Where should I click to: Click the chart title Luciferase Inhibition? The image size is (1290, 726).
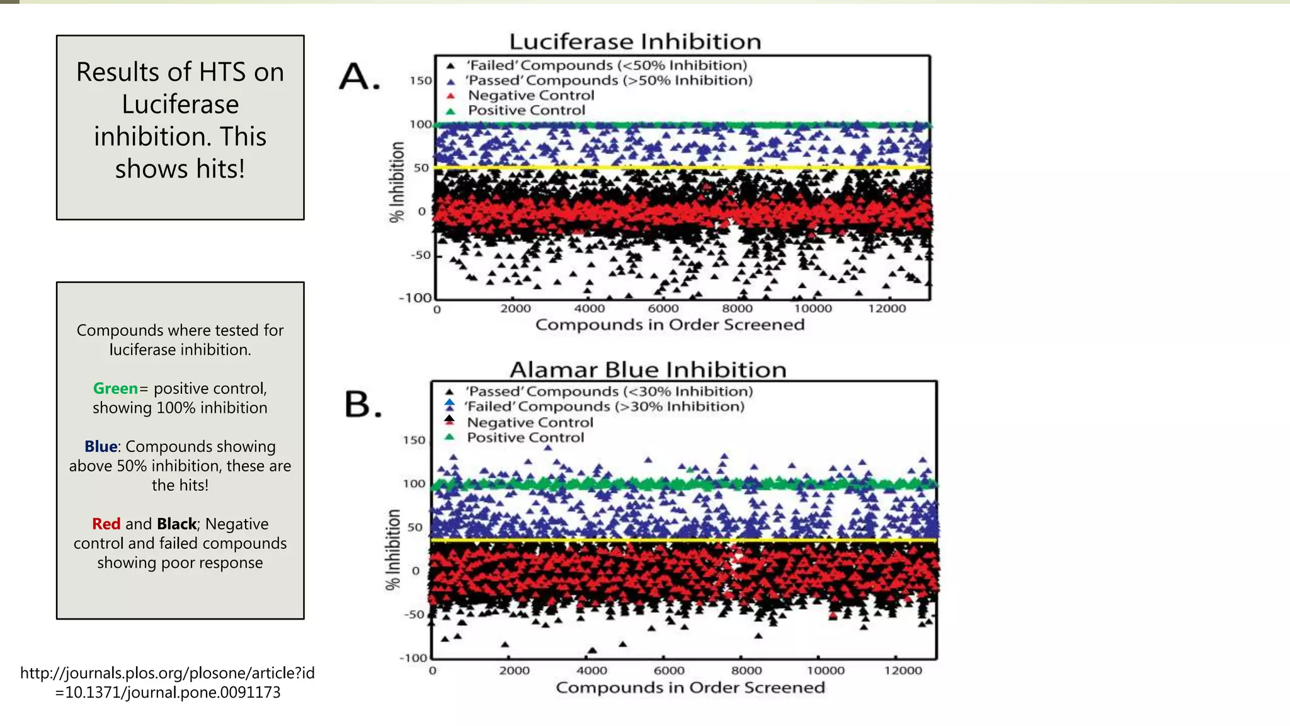point(635,42)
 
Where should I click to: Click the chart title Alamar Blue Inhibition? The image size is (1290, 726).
point(648,369)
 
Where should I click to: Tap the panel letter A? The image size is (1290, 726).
point(360,78)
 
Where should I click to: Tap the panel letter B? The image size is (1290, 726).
point(363,404)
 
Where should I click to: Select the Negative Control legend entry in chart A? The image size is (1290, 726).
point(530,95)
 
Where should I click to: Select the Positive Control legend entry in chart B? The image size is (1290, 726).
point(525,437)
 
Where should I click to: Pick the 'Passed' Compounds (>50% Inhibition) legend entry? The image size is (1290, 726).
point(608,80)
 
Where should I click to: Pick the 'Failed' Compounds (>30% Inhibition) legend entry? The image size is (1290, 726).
point(603,406)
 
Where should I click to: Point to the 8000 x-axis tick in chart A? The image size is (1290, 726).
point(737,308)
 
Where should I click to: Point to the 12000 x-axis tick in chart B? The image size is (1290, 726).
point(903,671)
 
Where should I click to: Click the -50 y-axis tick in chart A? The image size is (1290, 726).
point(421,255)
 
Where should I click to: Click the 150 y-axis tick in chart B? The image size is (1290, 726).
point(414,440)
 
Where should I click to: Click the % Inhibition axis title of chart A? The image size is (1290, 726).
point(396,182)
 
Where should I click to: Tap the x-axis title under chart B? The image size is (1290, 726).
point(690,688)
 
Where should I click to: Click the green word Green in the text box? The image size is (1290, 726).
point(115,388)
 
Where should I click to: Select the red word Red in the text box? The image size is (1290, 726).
point(106,524)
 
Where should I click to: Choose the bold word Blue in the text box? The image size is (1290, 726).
point(101,446)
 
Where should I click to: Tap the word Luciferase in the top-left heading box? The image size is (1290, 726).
point(180,105)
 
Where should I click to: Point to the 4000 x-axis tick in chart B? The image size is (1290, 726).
point(591,671)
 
